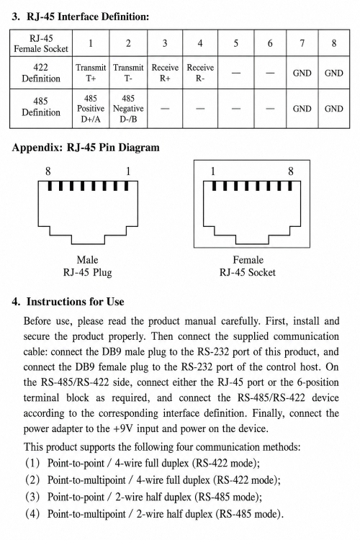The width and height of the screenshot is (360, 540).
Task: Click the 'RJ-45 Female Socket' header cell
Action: (41, 43)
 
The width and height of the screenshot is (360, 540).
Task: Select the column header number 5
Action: (236, 43)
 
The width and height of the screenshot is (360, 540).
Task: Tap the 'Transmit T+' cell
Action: (91, 73)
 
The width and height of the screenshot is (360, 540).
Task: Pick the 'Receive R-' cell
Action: (200, 73)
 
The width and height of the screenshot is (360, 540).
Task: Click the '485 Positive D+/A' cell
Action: (91, 109)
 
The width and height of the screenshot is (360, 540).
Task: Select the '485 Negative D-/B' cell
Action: (128, 109)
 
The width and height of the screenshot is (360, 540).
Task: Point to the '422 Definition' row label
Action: (41, 73)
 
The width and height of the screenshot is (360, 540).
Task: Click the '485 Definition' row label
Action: (41, 107)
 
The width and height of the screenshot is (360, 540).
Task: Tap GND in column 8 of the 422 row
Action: (334, 73)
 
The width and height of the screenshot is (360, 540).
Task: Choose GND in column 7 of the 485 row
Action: (302, 109)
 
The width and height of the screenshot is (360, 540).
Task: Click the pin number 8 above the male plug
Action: (48, 171)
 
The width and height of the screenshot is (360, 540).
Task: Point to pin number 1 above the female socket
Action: (213, 171)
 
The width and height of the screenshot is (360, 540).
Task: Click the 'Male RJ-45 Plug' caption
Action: (88, 266)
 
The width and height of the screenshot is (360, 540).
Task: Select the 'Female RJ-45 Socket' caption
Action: (248, 266)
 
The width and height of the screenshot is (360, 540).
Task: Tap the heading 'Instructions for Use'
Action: (76, 302)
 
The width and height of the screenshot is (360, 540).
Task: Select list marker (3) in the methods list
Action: (32, 497)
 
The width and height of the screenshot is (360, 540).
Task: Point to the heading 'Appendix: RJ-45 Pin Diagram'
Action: (86, 148)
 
